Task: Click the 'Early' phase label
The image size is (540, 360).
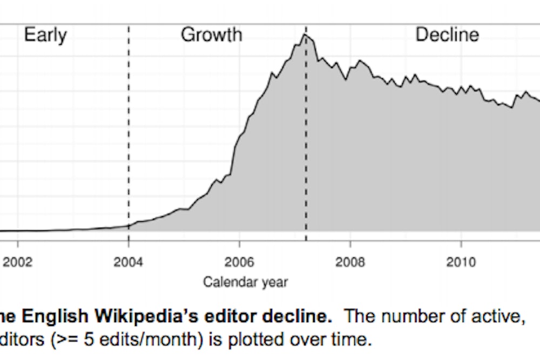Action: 45,36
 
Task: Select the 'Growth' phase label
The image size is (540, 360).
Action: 211,36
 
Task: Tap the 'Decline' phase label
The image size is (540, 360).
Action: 447,36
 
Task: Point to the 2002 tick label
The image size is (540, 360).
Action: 18,263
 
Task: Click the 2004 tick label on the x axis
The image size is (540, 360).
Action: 129,263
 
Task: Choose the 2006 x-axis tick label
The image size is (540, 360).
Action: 239,263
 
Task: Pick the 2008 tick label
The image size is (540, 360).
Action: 350,263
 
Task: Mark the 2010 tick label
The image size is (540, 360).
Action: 461,263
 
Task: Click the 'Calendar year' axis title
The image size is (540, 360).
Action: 245,282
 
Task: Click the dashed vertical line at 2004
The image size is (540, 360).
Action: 129,135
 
